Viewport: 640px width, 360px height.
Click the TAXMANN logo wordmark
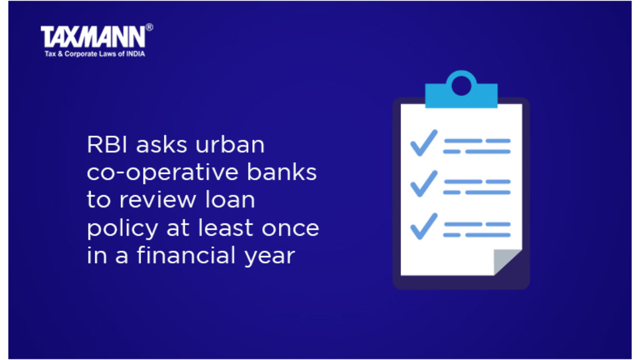93,37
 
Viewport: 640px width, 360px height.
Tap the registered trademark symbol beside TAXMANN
149,27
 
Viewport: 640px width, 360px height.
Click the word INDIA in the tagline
135,54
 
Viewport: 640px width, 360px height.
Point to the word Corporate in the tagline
81,54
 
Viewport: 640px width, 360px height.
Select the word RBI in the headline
107,145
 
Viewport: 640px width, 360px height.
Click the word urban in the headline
230,145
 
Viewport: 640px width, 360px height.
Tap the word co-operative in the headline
163,173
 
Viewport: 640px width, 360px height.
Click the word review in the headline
158,199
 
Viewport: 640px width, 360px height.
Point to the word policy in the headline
122,229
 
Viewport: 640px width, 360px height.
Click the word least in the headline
226,227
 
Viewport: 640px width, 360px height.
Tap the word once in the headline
290,229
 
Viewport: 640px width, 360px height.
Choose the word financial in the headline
186,255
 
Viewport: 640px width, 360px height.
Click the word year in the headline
270,257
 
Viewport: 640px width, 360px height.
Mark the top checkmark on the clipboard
423,143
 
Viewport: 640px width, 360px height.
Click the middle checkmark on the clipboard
423,183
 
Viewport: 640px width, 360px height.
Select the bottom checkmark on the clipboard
423,226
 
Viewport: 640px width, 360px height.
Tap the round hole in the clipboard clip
461,86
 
